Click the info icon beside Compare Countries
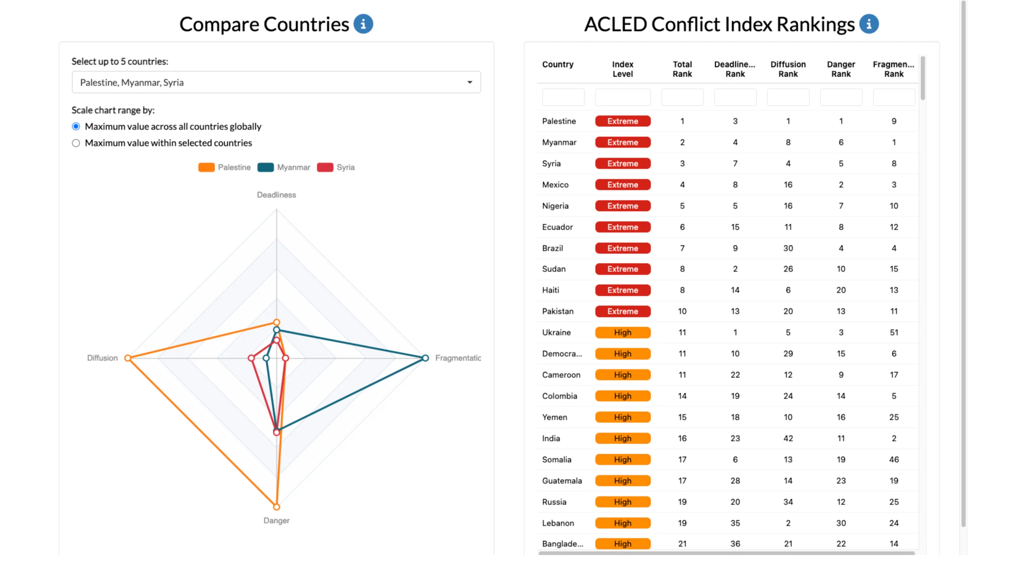pyautogui.click(x=363, y=24)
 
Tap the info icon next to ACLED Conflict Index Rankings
pyautogui.click(x=869, y=24)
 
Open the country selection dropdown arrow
pyautogui.click(x=470, y=82)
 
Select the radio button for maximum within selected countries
pyautogui.click(x=76, y=143)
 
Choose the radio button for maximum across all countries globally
pyautogui.click(x=76, y=126)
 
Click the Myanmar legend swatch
pyautogui.click(x=266, y=167)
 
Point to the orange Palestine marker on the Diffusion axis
pyautogui.click(x=127, y=358)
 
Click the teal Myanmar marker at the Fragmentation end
pyautogui.click(x=425, y=358)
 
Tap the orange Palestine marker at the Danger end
pyautogui.click(x=277, y=507)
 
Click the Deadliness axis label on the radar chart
pyautogui.click(x=276, y=195)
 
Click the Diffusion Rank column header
pyautogui.click(x=788, y=69)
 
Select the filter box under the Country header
pyautogui.click(x=563, y=97)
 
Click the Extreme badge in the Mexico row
pyautogui.click(x=622, y=185)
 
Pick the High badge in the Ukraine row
pyautogui.click(x=622, y=332)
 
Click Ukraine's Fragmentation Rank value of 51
pyautogui.click(x=893, y=332)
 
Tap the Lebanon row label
pyautogui.click(x=558, y=523)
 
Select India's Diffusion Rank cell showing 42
pyautogui.click(x=788, y=438)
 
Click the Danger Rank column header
pyautogui.click(x=841, y=69)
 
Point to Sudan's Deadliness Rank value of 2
pyautogui.click(x=735, y=269)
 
